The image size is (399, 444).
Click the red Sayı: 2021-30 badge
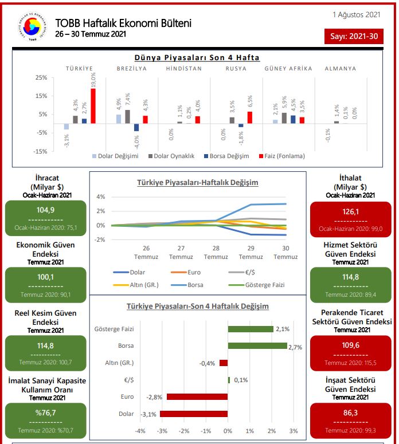point(354,37)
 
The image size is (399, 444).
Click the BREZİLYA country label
point(131,69)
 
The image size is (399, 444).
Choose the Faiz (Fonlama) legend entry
point(281,156)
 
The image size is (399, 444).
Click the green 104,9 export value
point(45,210)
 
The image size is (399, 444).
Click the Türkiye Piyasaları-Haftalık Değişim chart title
point(197,183)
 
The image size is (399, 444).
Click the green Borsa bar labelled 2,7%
point(257,345)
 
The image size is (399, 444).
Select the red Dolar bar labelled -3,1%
point(194,414)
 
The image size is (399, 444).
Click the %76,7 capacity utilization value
point(45,413)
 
